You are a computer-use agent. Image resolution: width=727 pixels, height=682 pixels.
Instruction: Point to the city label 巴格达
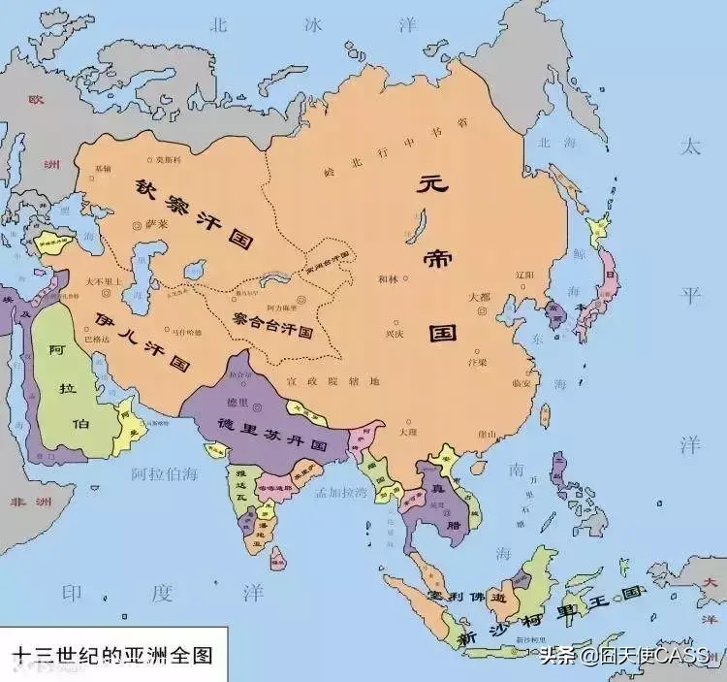point(98,340)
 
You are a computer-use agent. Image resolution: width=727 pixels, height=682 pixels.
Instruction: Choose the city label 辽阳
point(524,275)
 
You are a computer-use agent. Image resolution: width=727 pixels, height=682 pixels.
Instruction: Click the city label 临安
point(521,380)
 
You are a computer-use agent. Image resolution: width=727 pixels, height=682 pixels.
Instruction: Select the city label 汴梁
point(477,362)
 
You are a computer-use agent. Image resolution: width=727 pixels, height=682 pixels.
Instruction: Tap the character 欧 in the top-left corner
point(37,100)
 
